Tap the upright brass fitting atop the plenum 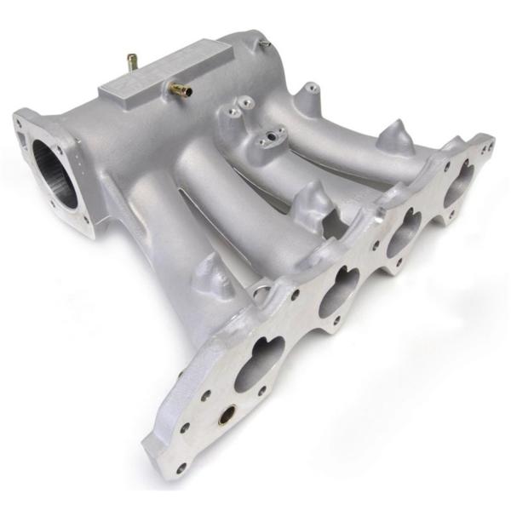pyautogui.click(x=132, y=62)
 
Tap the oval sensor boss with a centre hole pyautogui.click(x=275, y=135)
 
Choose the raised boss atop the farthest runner pyautogui.click(x=309, y=89)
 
